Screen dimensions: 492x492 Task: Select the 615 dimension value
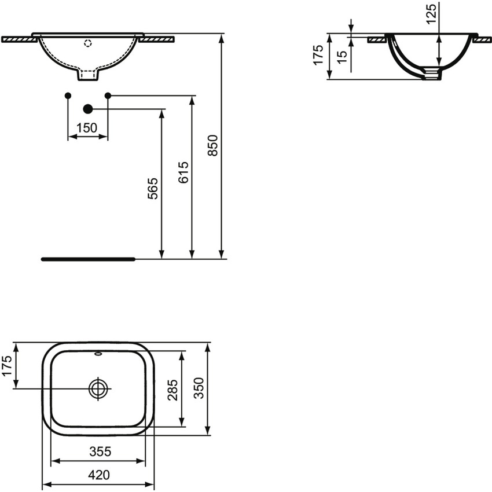(x=183, y=172)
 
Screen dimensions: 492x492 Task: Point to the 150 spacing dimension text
(x=87, y=128)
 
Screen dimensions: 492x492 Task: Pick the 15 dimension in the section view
(x=342, y=56)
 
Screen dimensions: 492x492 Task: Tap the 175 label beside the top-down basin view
(x=7, y=366)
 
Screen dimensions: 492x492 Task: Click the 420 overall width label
(x=99, y=475)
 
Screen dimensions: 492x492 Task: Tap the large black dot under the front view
(x=88, y=108)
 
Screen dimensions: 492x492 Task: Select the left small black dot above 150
(x=68, y=95)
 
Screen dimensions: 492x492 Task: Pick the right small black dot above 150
(x=108, y=95)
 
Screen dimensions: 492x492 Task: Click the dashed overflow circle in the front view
(x=88, y=42)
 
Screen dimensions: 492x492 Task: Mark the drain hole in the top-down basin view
(x=99, y=388)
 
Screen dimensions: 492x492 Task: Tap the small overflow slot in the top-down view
(x=98, y=353)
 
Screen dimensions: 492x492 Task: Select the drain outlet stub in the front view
(x=88, y=75)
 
